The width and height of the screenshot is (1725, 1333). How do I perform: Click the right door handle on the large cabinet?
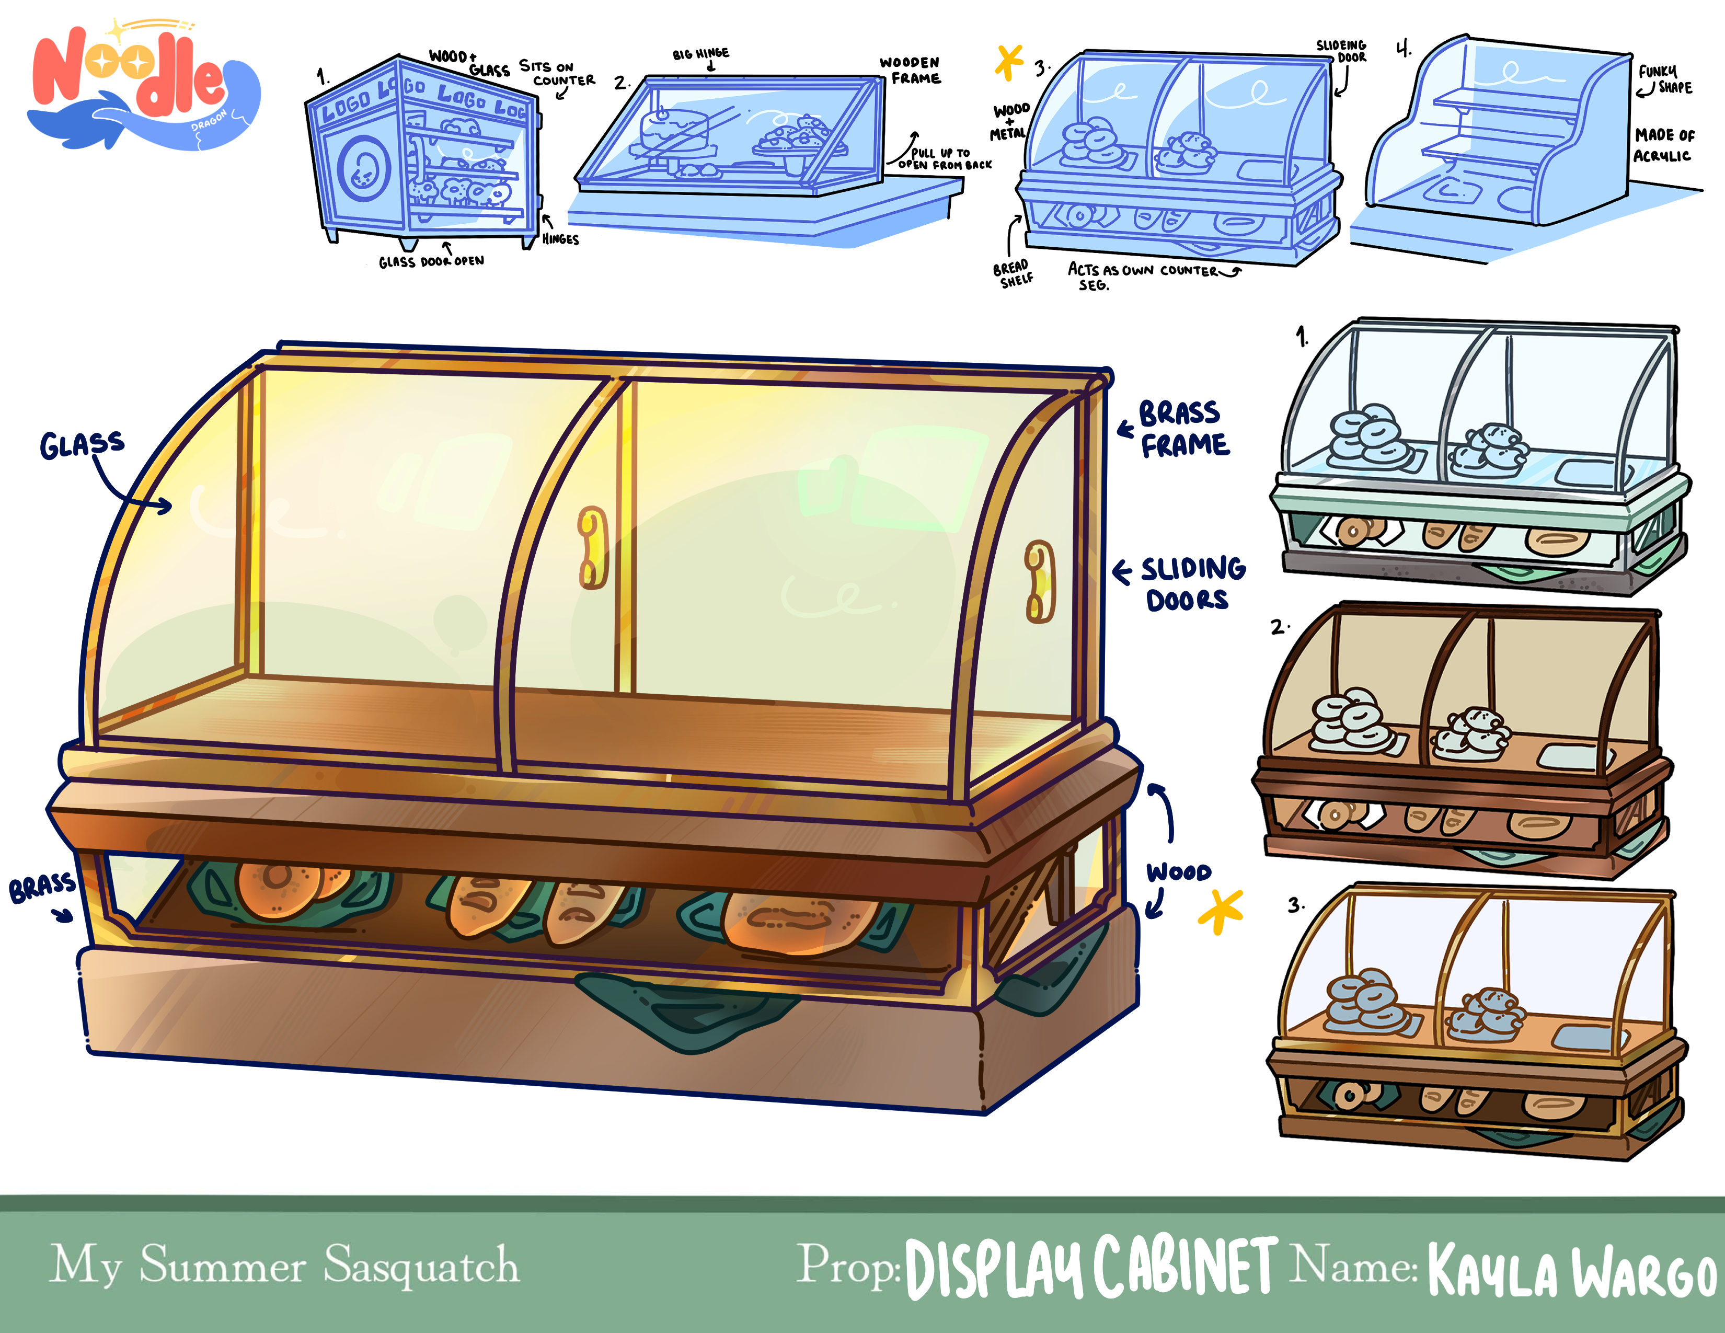[1039, 581]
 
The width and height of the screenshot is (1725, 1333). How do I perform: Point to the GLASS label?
[82, 445]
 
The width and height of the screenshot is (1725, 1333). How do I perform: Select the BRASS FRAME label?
[1183, 429]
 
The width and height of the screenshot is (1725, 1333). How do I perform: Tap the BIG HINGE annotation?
[700, 54]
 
